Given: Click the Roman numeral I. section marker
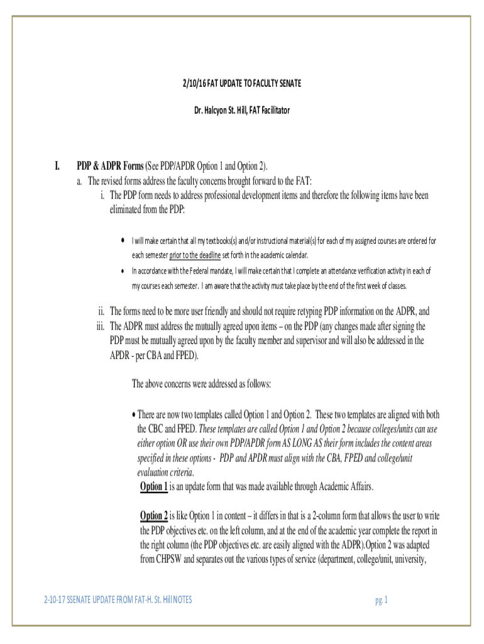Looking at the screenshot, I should point(57,167).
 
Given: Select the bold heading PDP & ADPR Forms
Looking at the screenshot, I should point(110,167).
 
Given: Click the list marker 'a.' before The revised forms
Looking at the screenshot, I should point(80,181).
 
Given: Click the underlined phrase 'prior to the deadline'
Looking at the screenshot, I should point(195,255).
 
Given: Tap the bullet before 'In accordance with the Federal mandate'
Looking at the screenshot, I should point(122,271).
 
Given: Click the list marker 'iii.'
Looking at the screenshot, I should point(99,326).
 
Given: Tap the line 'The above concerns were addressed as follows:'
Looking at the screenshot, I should point(201,384).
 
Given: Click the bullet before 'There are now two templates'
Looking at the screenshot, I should point(133,416).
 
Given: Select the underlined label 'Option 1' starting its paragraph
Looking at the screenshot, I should point(154,486).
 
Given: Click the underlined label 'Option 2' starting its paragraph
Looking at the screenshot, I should point(154,516).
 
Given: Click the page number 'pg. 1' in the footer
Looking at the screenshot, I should point(381,600).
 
